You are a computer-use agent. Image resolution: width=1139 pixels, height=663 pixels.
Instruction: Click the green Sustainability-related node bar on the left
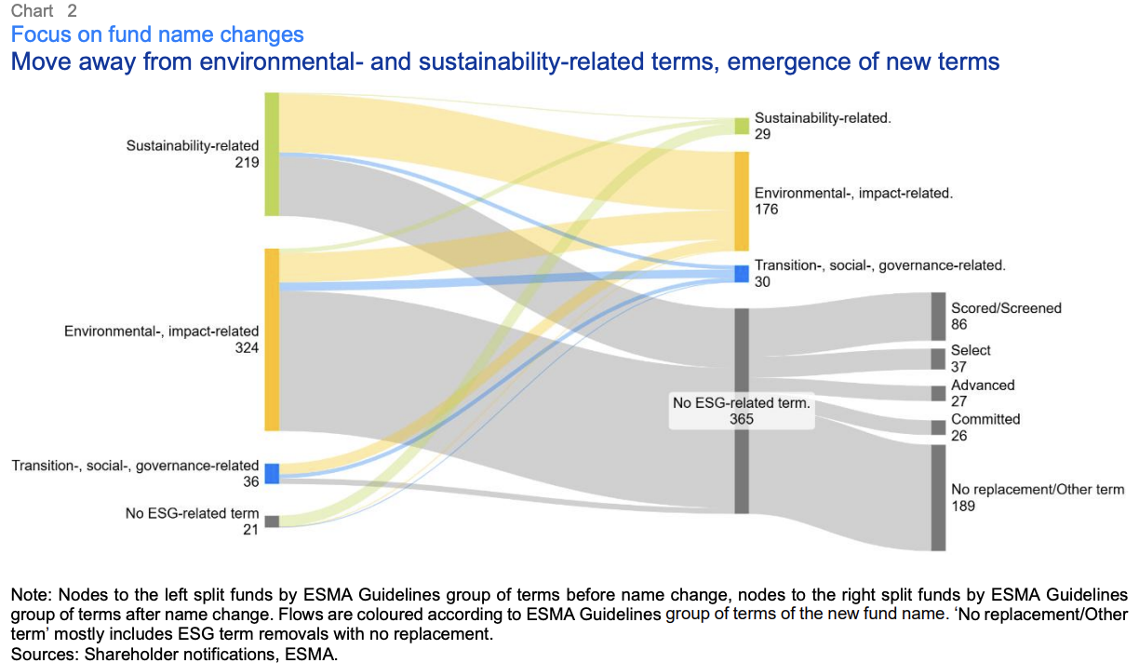click(272, 154)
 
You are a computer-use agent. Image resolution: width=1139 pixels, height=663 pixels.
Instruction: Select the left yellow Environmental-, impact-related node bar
click(272, 339)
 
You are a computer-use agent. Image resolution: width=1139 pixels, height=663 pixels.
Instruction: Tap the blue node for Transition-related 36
click(272, 473)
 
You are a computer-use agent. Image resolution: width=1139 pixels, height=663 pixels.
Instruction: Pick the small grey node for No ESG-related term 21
click(272, 521)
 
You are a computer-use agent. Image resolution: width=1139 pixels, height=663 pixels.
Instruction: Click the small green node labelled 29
click(742, 126)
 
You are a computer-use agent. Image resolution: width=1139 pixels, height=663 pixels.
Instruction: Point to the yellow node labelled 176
click(742, 201)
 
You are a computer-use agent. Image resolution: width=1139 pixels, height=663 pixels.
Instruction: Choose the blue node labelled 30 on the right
click(742, 274)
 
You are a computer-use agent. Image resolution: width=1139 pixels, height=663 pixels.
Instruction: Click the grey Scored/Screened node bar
click(938, 317)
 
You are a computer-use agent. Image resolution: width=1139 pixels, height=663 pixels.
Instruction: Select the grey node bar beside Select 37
click(938, 359)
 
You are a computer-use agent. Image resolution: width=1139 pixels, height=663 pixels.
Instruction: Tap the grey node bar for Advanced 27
click(938, 393)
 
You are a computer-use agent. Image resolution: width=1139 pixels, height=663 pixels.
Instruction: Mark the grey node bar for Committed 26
click(938, 427)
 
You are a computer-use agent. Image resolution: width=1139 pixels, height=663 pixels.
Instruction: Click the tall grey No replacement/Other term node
click(938, 497)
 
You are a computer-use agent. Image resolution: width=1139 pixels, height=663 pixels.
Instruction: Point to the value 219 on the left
click(247, 162)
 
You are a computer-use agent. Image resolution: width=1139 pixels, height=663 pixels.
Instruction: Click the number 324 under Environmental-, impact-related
click(247, 347)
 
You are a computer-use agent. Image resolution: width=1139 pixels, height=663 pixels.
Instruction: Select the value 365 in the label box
click(742, 419)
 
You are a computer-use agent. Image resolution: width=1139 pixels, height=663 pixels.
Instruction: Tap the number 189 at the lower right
click(963, 506)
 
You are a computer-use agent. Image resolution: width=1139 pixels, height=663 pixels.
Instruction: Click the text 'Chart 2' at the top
click(44, 11)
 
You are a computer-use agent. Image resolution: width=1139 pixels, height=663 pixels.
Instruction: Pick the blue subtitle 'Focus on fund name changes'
click(157, 35)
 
